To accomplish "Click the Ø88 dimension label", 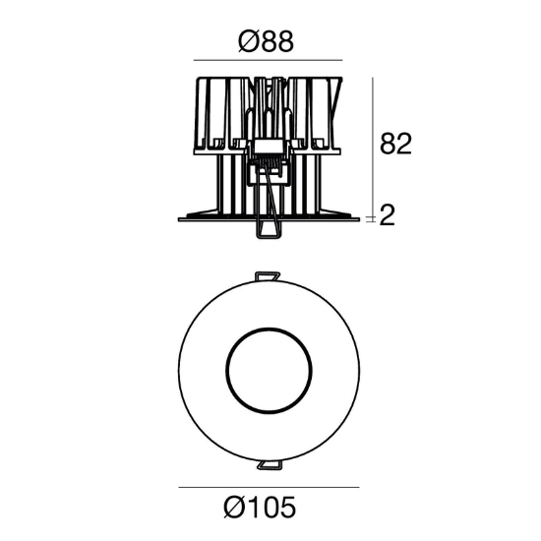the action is click(266, 41).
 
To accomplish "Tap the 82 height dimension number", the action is click(395, 144).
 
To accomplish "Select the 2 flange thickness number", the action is click(388, 215).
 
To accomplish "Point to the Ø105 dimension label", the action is click(260, 507).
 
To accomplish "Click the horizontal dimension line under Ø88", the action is click(268, 60).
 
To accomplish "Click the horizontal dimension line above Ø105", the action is click(269, 487).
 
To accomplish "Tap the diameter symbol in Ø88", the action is click(247, 41).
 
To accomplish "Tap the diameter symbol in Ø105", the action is click(233, 507).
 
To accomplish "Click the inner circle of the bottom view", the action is click(269, 329).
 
